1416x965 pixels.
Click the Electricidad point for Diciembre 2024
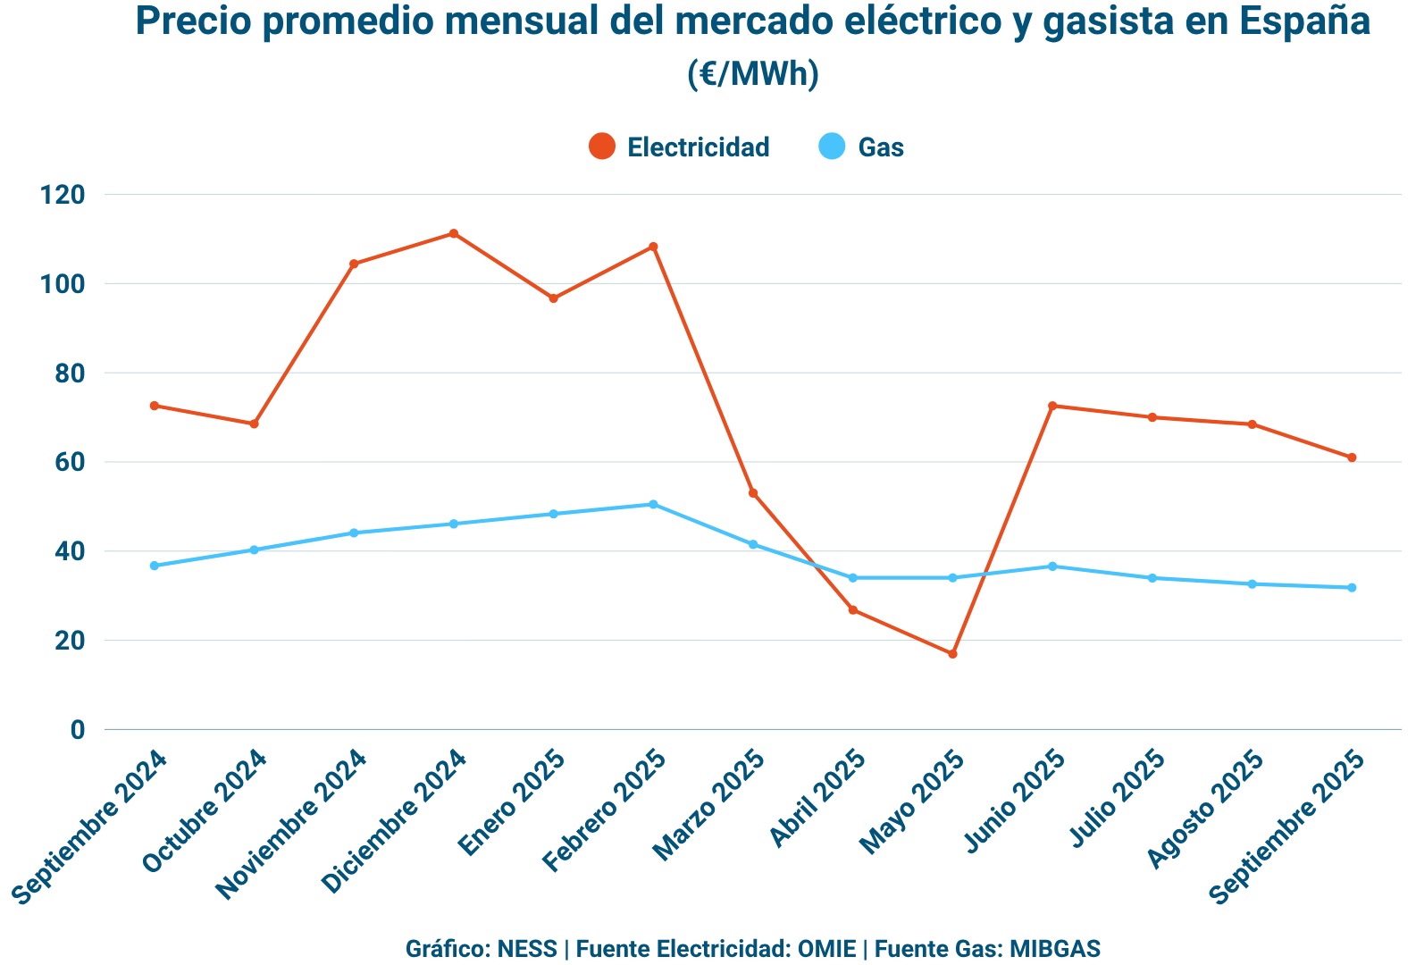pos(454,233)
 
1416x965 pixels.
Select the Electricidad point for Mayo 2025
pos(952,654)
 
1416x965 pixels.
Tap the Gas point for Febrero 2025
pos(653,504)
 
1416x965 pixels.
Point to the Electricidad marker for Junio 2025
pos(1052,406)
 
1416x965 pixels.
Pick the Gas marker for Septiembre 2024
pos(155,566)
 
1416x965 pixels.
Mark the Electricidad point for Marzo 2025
pos(753,493)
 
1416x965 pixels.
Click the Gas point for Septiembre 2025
pos(1352,587)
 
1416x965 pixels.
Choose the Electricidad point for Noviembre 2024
pos(354,264)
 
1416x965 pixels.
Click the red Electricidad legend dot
pos(602,147)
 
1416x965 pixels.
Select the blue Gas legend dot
pos(833,147)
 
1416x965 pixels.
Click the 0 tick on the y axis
pos(78,730)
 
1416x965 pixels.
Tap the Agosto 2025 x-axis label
pos(1205,809)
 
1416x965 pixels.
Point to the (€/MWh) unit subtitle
pos(753,73)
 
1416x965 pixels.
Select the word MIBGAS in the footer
pos(1055,948)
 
